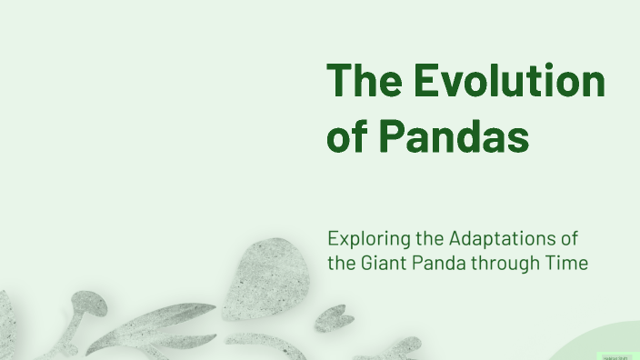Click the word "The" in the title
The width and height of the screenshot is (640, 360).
tap(364, 82)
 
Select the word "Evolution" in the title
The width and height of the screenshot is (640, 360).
tap(509, 82)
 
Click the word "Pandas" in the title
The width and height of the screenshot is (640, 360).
tap(454, 138)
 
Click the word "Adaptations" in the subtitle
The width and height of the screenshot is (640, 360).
tap(501, 239)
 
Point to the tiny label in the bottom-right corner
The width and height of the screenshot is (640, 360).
tap(615, 356)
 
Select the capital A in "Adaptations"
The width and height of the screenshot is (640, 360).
tap(456, 239)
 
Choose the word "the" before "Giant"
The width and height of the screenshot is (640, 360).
tap(342, 264)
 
